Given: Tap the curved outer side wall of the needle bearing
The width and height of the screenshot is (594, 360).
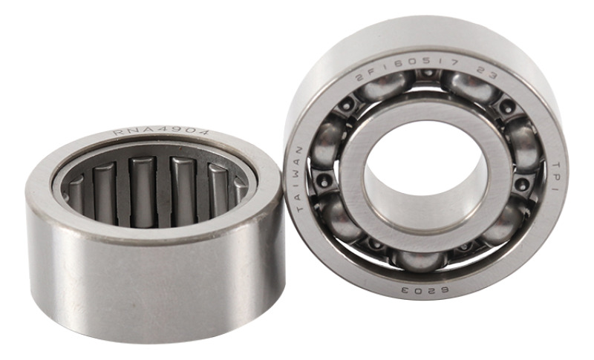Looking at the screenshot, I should tap(148, 282).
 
